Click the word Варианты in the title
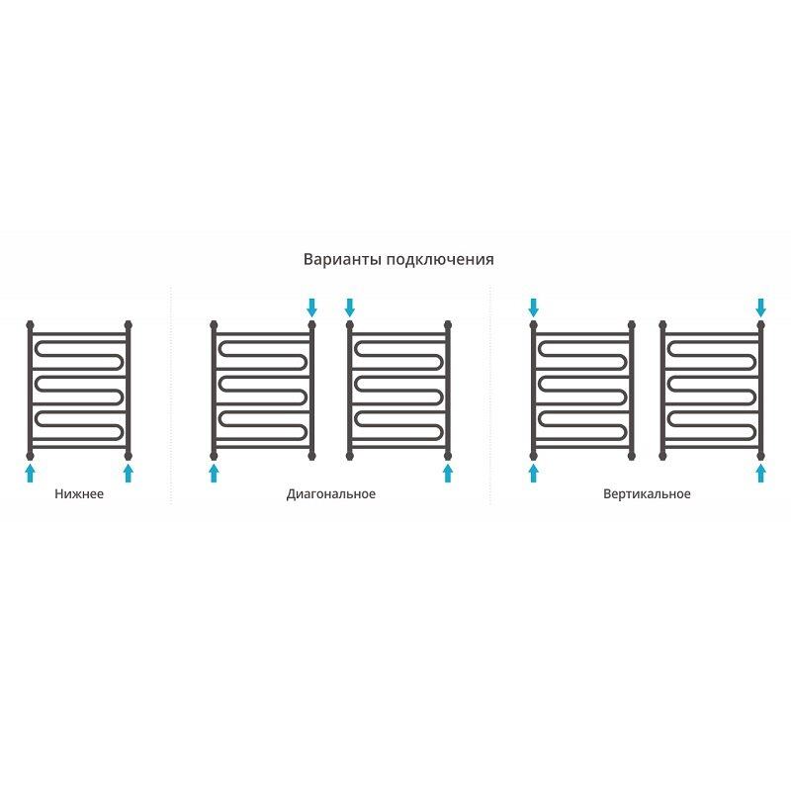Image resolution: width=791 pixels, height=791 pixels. coord(342,259)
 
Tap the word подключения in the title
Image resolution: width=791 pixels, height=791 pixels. coord(440,260)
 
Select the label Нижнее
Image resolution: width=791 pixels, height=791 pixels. coord(79,493)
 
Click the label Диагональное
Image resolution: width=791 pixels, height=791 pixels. coord(331,493)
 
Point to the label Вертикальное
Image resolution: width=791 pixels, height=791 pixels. coord(647,493)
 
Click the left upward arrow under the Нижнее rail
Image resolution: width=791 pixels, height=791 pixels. coord(31,474)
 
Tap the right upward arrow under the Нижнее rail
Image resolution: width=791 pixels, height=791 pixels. coord(129,474)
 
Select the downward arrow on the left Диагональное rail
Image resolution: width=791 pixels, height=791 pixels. coord(311,308)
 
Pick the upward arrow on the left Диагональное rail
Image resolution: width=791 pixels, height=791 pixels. coord(214,474)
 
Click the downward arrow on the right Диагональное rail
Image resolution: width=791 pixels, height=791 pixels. coord(350,308)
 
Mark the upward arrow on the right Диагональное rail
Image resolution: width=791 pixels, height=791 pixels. coord(448,474)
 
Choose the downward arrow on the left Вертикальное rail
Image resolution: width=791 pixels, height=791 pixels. coord(534,308)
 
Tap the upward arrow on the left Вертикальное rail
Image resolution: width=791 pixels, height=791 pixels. coord(534,474)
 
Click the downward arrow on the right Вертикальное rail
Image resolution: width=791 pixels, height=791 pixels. coord(760,308)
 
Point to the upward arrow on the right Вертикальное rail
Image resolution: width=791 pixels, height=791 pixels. coord(760,474)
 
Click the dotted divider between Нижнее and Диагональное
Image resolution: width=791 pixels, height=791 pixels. coord(171,395)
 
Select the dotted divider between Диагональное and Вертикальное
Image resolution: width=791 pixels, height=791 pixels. coord(489,395)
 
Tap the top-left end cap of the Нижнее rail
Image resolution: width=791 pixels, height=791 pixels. coord(31,324)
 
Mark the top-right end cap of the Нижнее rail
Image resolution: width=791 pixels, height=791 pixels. coord(129,324)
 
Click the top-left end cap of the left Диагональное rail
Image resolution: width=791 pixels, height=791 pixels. coord(214,324)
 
